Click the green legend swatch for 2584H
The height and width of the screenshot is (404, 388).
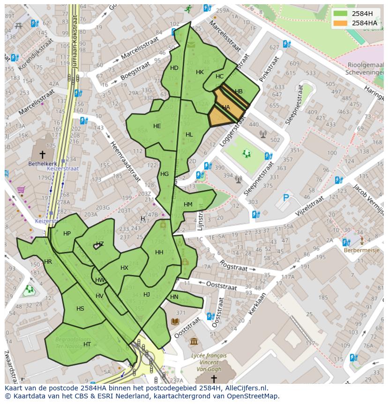(341, 14)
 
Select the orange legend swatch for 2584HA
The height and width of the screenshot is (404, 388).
(341, 23)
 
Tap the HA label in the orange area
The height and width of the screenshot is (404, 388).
(226, 107)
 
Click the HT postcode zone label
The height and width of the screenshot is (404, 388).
(87, 344)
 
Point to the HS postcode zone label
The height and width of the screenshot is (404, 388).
(80, 308)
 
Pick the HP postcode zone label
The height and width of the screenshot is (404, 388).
(67, 234)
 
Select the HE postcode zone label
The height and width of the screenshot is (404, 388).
(157, 126)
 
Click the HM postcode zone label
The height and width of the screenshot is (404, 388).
(188, 204)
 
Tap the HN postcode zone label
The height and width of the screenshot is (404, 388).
(174, 297)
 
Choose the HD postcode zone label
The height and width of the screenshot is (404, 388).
(174, 68)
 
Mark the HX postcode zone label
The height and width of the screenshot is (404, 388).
(124, 268)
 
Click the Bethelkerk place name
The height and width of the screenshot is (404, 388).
(42, 164)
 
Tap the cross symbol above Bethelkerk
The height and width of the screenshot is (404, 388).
(42, 154)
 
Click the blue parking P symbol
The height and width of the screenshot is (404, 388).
(286, 198)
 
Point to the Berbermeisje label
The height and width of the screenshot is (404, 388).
(362, 250)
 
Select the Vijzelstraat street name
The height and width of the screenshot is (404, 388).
(309, 207)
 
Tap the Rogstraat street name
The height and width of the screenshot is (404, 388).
(233, 267)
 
